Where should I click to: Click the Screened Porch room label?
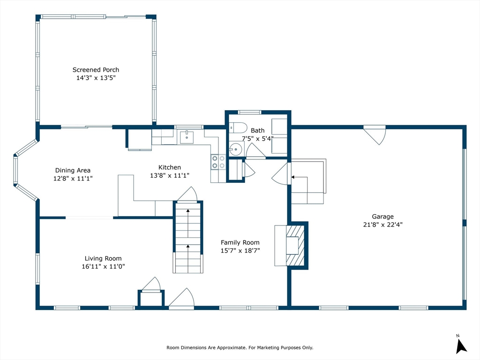click(96, 70)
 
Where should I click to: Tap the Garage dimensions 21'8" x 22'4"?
click(382, 225)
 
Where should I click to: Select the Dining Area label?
click(73, 170)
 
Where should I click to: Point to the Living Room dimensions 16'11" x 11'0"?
click(103, 266)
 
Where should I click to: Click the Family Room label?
click(240, 242)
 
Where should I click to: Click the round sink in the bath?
click(236, 150)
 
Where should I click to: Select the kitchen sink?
click(187, 137)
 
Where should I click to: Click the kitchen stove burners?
click(218, 162)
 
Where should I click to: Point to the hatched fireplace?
click(295, 246)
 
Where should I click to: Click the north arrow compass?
click(461, 345)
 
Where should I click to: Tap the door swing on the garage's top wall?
click(375, 135)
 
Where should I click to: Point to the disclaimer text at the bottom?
click(240, 347)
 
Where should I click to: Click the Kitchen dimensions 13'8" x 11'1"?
click(170, 175)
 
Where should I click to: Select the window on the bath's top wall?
click(249, 112)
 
